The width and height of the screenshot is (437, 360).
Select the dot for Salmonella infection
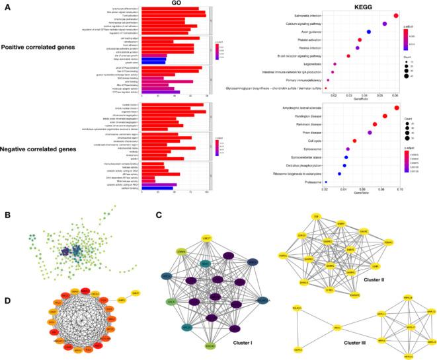click(x=396, y=15)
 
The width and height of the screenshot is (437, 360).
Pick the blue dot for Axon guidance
click(x=369, y=32)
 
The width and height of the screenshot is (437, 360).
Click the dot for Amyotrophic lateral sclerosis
click(x=397, y=108)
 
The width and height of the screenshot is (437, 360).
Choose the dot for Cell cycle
click(x=354, y=141)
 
